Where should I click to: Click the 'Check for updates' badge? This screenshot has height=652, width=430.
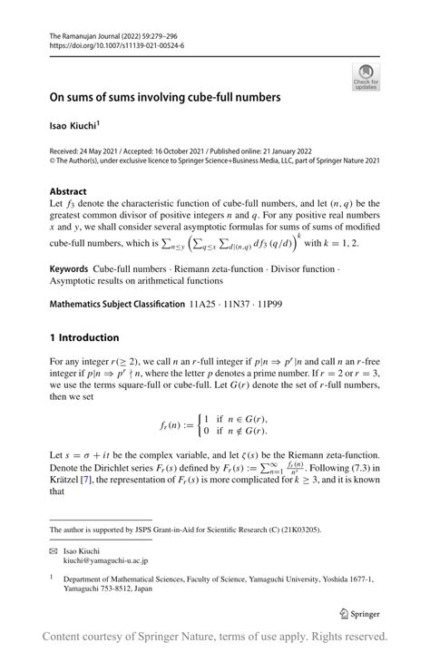point(366,76)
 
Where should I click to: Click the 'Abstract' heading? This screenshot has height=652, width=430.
point(68,191)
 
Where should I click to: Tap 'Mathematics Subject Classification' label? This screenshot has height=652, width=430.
point(116,304)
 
